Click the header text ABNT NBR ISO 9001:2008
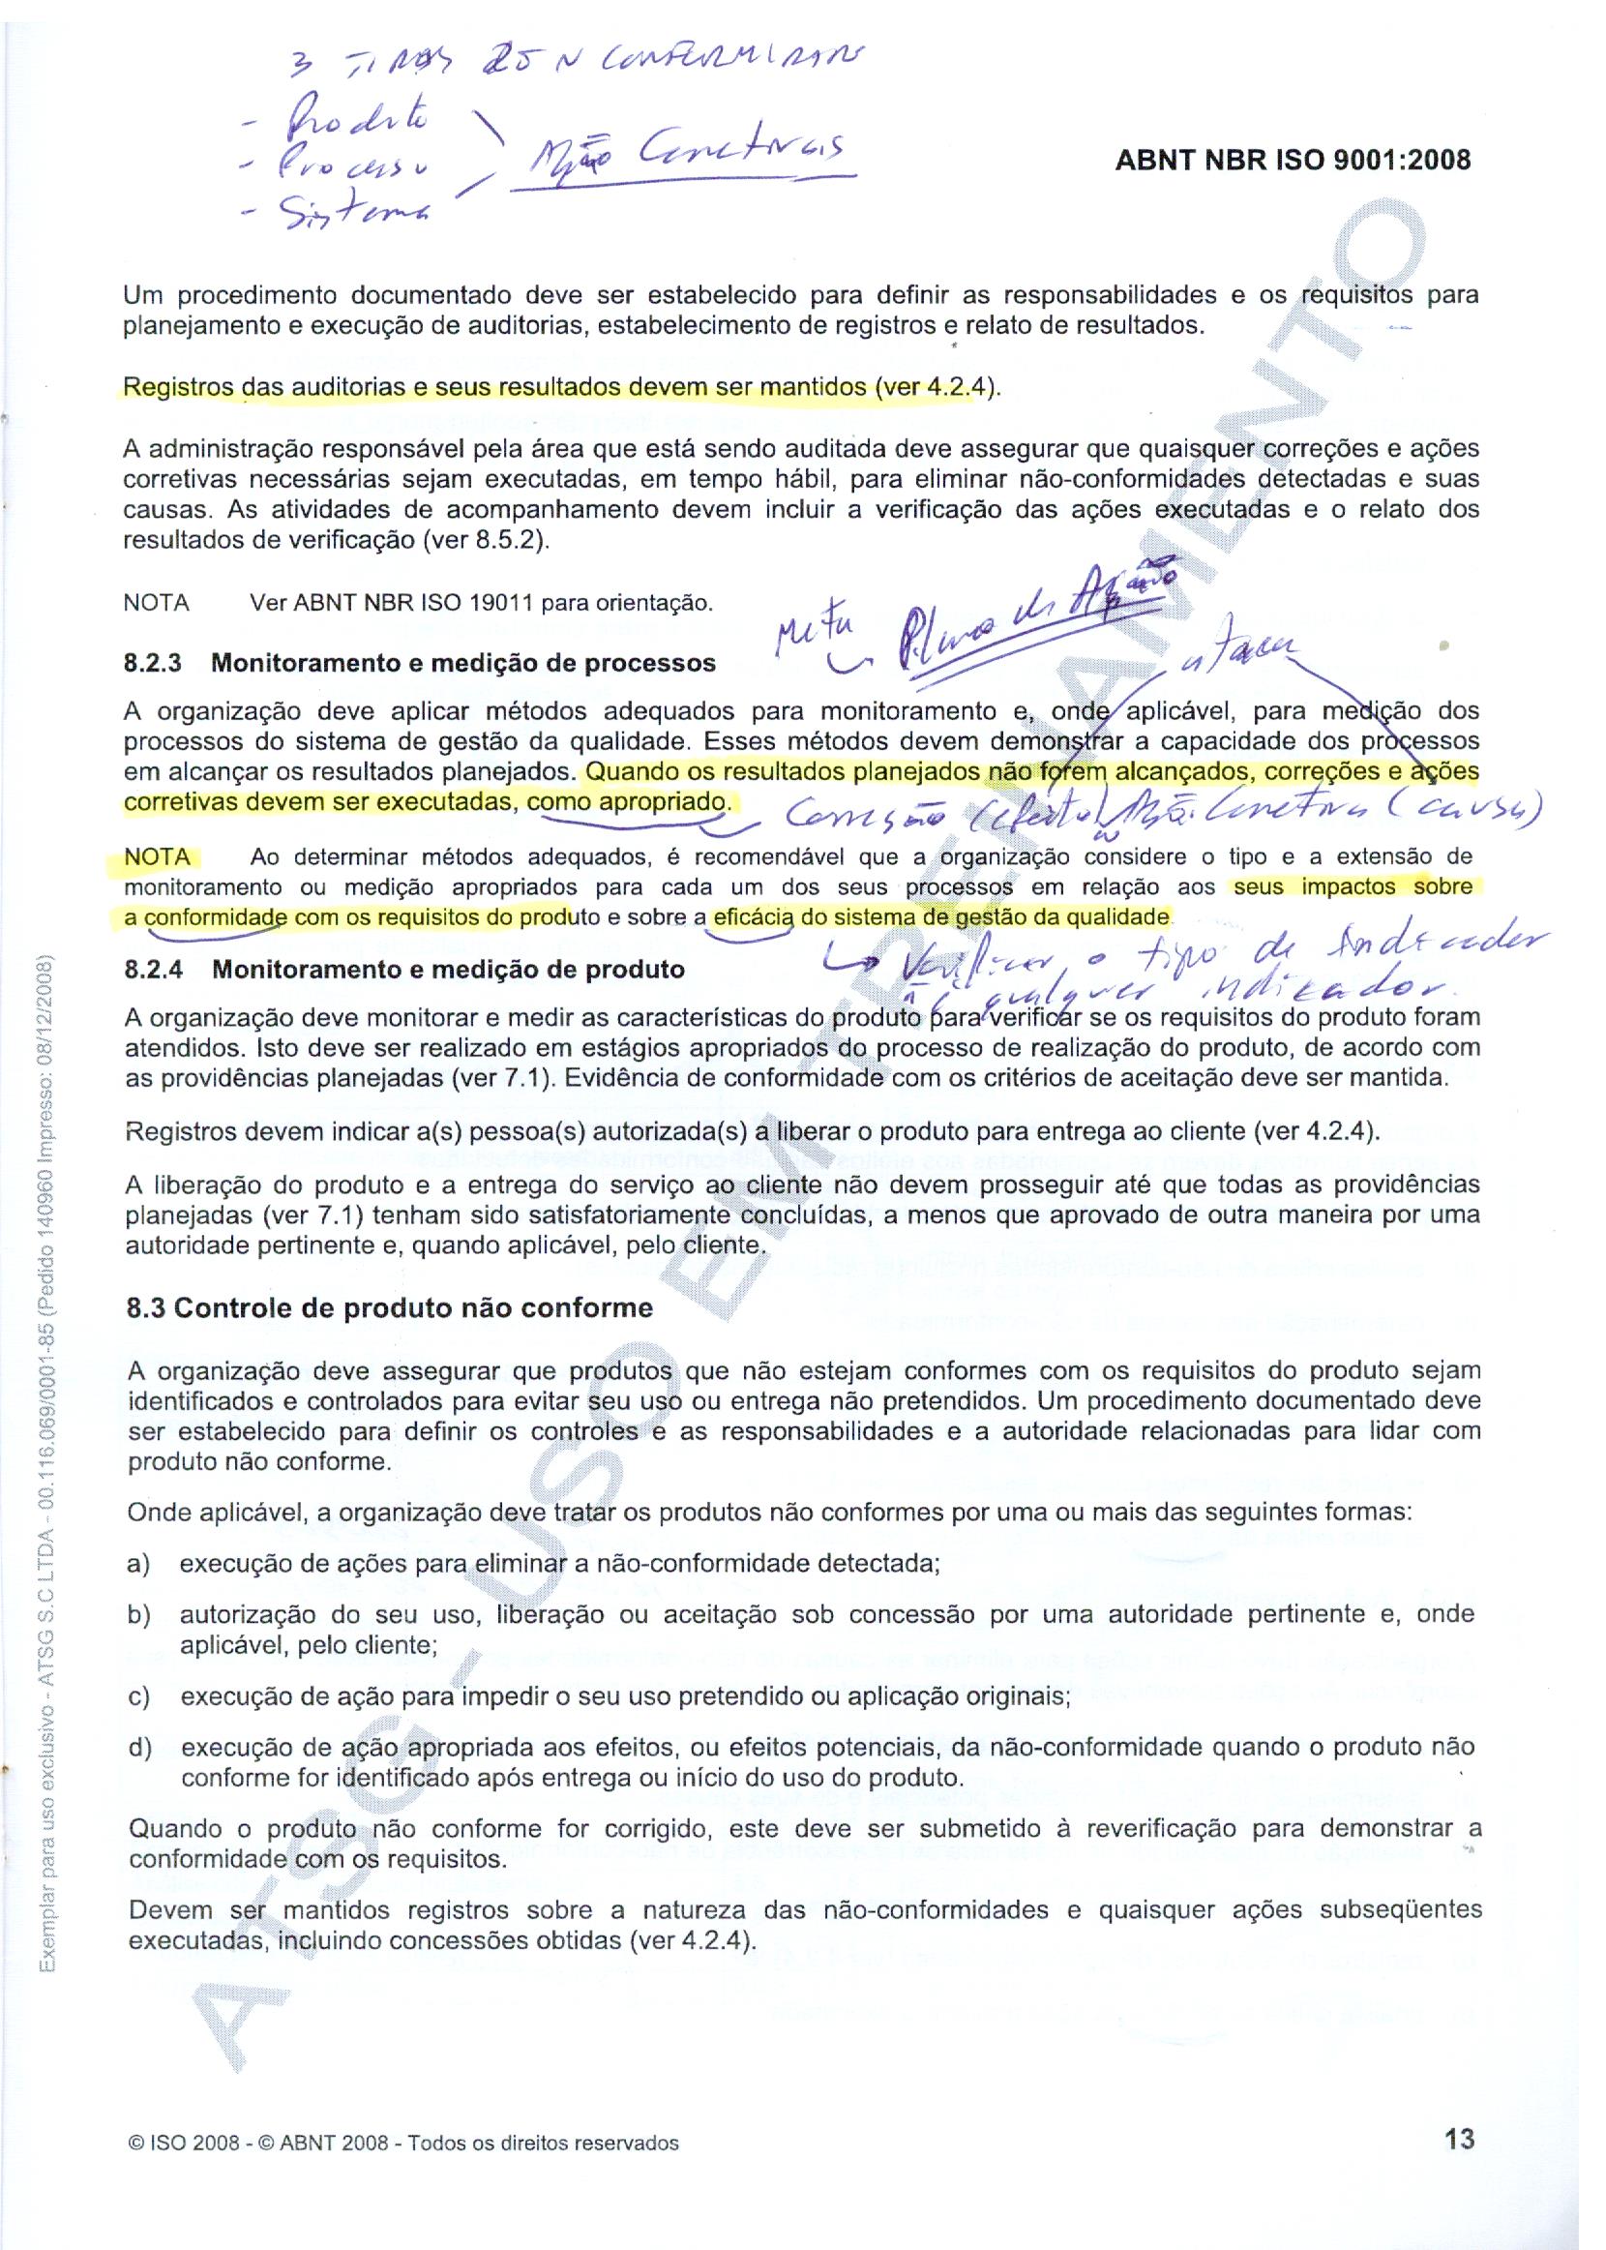pos(1293,161)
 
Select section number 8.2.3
pos(152,663)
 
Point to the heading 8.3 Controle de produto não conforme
pos(390,1308)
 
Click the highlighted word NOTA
pos(158,856)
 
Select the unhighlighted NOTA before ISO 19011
pos(157,602)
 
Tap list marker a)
pos(138,1564)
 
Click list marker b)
pos(138,1615)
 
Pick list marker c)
pos(138,1697)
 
